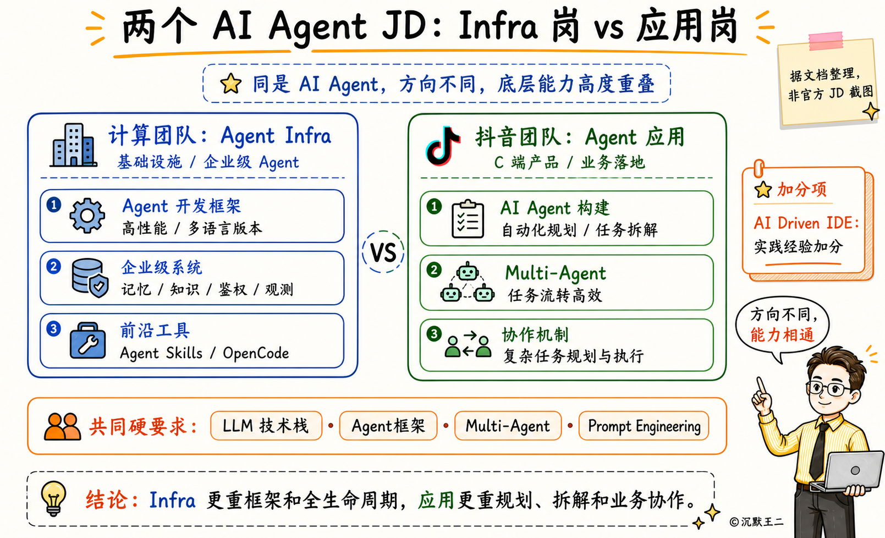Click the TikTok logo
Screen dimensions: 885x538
click(x=442, y=146)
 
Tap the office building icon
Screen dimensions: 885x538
click(x=74, y=145)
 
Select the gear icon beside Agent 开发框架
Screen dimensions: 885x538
click(x=87, y=216)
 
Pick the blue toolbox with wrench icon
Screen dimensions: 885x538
click(x=87, y=341)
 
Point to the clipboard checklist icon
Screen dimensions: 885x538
click(x=468, y=219)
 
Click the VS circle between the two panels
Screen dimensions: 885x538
click(x=383, y=252)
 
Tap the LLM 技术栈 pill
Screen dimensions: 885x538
click(x=266, y=426)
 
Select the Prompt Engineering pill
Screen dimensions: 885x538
click(x=644, y=426)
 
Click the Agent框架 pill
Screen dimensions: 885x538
click(x=388, y=426)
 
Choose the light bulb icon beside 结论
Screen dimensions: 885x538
click(x=53, y=498)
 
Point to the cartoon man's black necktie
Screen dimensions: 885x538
click(x=818, y=451)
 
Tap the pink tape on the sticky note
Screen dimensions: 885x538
click(x=826, y=41)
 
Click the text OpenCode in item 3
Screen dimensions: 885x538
click(x=256, y=353)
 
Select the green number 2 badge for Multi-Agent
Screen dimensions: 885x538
click(x=434, y=270)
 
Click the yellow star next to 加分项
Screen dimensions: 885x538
click(x=763, y=190)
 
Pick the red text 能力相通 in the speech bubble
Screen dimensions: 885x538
click(x=782, y=335)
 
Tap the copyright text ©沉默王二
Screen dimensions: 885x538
click(x=756, y=522)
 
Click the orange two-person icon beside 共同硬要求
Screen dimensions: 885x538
click(x=62, y=427)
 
